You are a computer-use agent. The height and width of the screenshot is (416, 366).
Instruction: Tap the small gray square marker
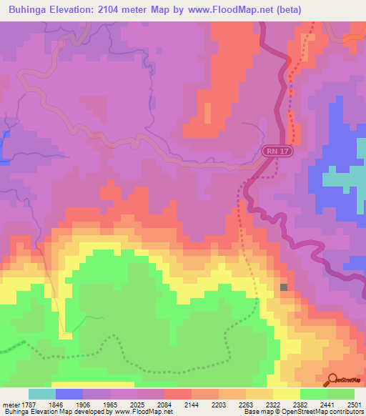tap(284, 287)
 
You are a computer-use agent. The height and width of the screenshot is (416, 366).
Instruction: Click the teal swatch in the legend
tap(41, 394)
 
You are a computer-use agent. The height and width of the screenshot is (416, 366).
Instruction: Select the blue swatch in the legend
tap(69, 394)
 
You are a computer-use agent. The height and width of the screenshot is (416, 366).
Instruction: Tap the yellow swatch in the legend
tap(286, 394)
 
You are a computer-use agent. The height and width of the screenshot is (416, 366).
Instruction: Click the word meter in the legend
tap(11, 404)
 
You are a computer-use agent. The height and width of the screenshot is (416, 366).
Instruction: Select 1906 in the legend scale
tap(83, 404)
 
